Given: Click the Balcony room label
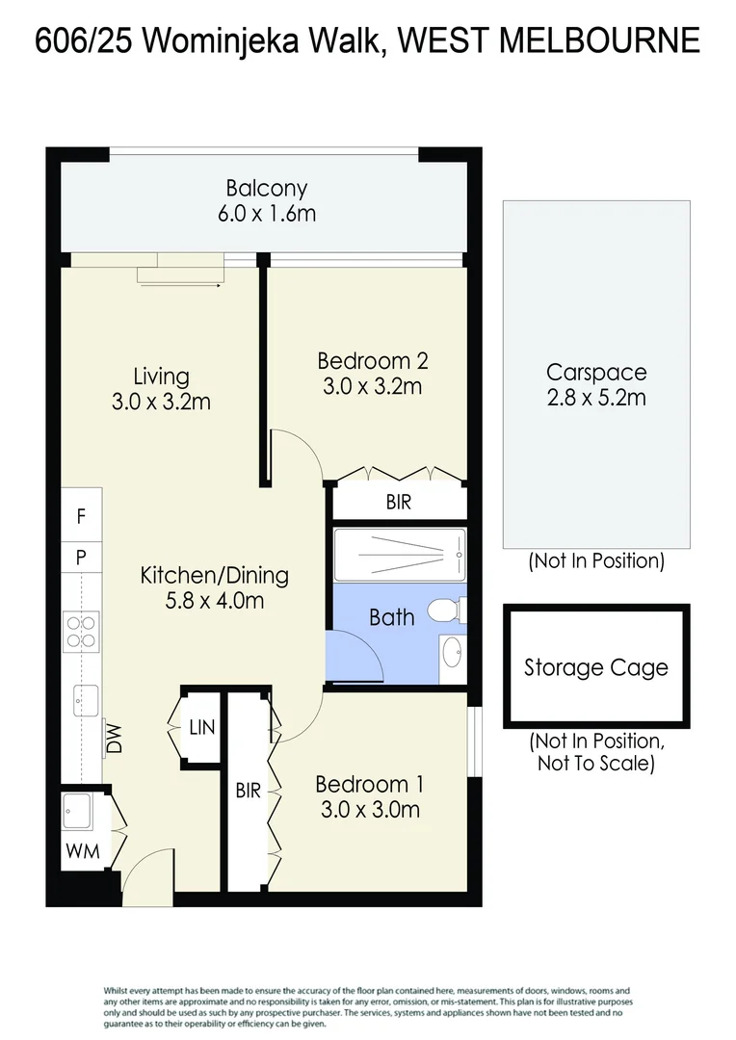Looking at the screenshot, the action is point(266,189).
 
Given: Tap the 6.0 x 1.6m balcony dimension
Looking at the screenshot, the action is point(267,214).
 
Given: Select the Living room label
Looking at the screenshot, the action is point(161,377).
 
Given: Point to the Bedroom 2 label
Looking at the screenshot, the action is point(372,361).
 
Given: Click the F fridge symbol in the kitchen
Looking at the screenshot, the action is point(81,515).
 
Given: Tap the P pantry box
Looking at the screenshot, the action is point(81,558).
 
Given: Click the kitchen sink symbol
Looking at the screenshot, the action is point(86,700).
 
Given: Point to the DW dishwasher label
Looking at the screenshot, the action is point(114,739).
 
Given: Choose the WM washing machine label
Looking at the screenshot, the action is point(82,851).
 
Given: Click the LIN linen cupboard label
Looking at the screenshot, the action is point(201,728).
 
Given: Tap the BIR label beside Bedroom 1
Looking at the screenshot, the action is point(249,791).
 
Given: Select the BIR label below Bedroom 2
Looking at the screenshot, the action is point(399,502).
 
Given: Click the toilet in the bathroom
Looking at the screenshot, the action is point(446,611).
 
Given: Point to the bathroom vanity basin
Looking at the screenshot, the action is point(453,652).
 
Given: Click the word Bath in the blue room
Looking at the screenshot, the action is point(391,617).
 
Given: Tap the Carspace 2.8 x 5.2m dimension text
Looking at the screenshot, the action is point(596,398).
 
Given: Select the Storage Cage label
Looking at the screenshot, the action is point(596,667).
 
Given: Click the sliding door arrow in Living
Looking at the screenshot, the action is point(180,286).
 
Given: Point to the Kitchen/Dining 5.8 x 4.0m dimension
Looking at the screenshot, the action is point(215,601).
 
